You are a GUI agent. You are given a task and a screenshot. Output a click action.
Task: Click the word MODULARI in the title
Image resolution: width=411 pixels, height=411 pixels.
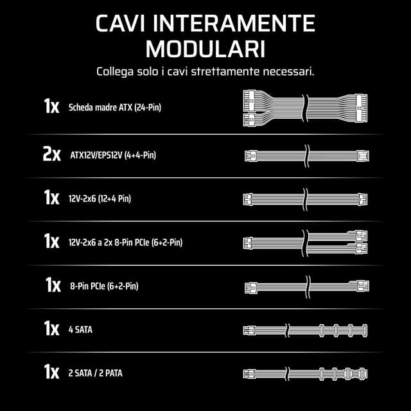point(205,49)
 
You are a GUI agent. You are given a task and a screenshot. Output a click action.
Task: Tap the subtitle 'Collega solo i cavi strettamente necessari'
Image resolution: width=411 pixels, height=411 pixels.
point(205,71)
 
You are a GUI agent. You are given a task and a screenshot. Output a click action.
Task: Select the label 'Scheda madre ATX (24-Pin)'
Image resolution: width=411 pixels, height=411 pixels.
point(114,107)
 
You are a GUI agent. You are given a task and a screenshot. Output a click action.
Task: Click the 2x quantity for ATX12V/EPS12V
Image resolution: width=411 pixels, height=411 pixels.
point(51,155)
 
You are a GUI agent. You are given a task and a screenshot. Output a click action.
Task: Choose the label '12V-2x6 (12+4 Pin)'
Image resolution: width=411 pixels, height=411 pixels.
point(100,199)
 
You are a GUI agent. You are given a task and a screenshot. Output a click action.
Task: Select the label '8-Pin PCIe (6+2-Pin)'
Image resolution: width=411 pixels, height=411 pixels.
point(103,286)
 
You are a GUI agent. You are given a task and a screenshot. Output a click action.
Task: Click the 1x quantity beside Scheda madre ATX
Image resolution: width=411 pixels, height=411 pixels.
point(52,107)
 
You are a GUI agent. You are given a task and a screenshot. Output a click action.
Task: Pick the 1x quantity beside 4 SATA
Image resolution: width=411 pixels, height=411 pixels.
point(52,330)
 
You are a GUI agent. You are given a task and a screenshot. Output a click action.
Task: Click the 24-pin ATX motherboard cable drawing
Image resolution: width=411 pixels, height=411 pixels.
point(305,107)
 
